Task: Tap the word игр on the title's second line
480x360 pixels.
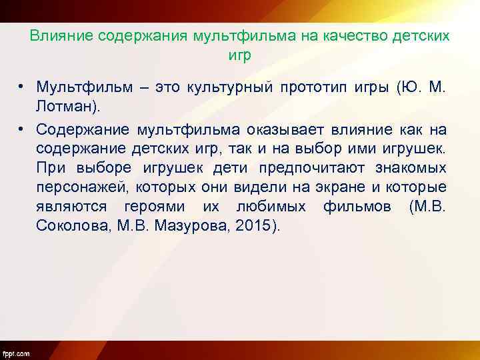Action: [x=239, y=56]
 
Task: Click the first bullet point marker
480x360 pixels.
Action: [x=22, y=87]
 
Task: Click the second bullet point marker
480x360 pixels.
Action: [x=22, y=129]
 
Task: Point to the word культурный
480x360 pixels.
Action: [x=232, y=87]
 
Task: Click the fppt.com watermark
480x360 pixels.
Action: [x=16, y=353]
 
